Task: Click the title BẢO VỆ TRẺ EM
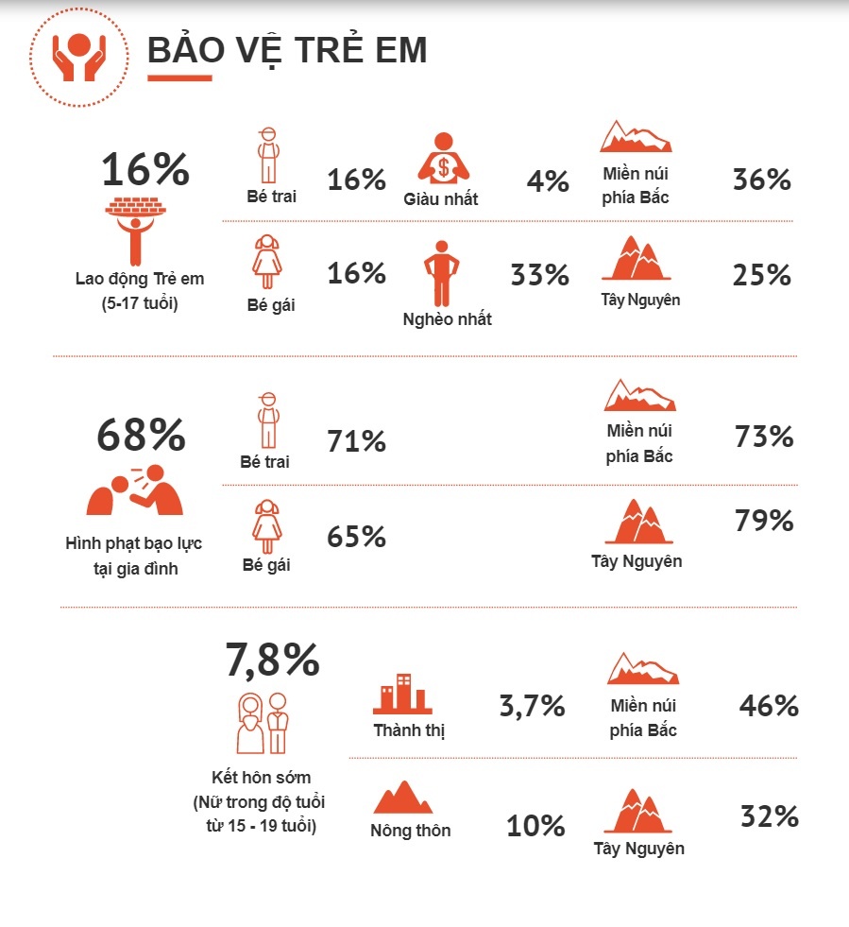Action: point(287,51)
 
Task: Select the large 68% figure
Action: point(141,435)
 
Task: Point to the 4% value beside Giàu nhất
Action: point(548,180)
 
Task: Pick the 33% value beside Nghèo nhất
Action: point(539,275)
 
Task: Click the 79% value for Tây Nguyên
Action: point(764,521)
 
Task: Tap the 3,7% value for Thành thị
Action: point(531,705)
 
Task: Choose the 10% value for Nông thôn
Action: point(535,827)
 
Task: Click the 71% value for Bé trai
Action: point(356,440)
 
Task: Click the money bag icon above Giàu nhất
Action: point(444,160)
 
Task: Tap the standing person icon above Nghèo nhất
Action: point(439,273)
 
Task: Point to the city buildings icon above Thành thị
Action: point(402,695)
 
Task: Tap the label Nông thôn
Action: point(410,831)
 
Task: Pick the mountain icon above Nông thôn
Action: point(403,798)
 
